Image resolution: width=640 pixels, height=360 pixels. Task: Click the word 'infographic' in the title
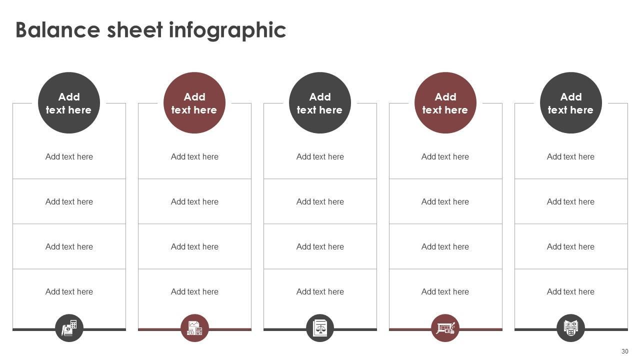[x=227, y=30]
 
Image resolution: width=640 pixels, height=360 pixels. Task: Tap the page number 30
[x=624, y=351]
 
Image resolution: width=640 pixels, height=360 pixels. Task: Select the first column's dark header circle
[x=69, y=103]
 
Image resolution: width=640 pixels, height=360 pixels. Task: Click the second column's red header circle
[x=194, y=103]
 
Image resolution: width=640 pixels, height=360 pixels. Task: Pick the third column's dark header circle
[x=320, y=103]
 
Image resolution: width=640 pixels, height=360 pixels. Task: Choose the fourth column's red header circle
[x=445, y=103]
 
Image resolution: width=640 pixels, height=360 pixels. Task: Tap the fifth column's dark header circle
[x=571, y=103]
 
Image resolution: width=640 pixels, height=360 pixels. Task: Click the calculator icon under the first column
[x=69, y=328]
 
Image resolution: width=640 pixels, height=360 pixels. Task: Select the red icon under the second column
[x=194, y=328]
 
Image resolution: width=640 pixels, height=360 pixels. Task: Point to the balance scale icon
[x=320, y=328]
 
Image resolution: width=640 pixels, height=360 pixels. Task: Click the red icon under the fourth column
[x=445, y=328]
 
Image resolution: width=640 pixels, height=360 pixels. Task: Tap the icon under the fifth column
[x=570, y=328]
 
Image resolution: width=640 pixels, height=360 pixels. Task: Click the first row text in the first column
[x=69, y=156]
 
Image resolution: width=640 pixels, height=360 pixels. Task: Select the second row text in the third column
[x=320, y=201]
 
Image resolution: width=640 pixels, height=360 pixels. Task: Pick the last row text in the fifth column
[x=570, y=291]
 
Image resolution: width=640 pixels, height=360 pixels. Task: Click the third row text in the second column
[x=194, y=246]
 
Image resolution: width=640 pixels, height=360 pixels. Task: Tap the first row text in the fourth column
[x=445, y=156]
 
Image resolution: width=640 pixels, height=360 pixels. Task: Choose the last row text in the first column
[x=69, y=291]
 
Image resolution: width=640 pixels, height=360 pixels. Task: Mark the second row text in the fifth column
[x=570, y=201]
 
